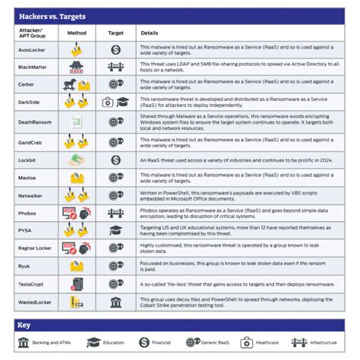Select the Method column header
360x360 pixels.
[x=76, y=33]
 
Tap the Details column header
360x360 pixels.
[x=149, y=33]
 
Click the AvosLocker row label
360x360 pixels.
[x=31, y=49]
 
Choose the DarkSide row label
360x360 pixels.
[x=28, y=102]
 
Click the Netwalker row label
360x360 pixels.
[x=30, y=194]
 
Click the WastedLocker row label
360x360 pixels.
[x=33, y=302]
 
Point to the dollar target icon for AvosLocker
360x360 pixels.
[x=116, y=49]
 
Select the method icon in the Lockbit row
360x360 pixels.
[x=77, y=159]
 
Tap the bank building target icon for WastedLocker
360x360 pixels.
[x=116, y=302]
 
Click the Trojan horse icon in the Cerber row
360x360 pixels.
[x=71, y=84]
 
